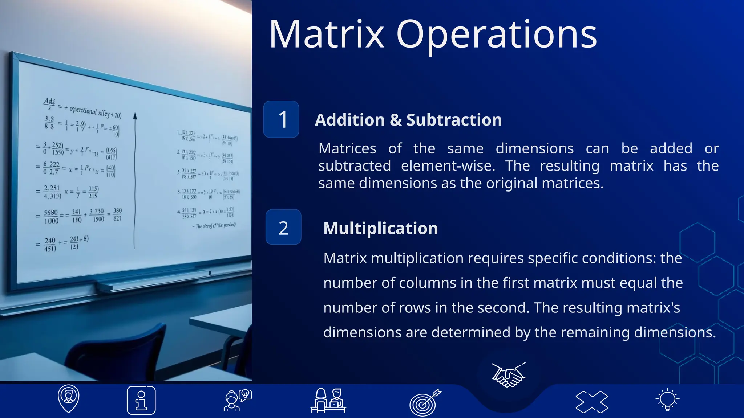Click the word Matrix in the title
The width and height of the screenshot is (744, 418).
326,34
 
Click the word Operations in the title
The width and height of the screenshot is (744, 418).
496,34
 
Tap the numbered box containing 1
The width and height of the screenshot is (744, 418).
281,119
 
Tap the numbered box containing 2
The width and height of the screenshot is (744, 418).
283,227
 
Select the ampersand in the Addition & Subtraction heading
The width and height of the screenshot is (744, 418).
395,120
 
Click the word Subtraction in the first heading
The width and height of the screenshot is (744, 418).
454,120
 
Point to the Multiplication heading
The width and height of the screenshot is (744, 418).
380,228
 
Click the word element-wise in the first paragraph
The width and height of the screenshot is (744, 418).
448,166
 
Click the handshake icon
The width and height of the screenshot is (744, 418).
508,374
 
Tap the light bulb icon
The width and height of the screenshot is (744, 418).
667,400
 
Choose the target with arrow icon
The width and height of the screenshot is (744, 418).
425,402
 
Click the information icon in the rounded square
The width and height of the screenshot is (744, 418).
141,400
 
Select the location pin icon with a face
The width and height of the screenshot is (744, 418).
68,398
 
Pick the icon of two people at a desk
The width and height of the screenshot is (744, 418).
328,401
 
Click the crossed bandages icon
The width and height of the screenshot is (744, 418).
591,402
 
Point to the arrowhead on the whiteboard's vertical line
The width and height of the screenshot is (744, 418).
135,116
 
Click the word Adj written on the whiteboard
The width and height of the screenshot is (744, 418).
49,101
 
